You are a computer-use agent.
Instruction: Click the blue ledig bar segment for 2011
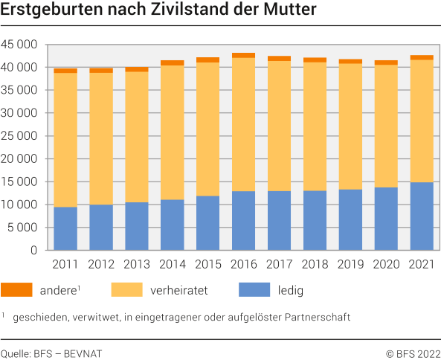click(x=65, y=228)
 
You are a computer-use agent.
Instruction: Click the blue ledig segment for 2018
click(x=315, y=220)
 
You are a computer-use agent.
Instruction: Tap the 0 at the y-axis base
click(x=33, y=251)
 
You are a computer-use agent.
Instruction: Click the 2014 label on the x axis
click(x=172, y=264)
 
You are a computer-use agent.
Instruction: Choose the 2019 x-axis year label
click(x=350, y=264)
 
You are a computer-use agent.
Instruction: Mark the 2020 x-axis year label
click(x=386, y=264)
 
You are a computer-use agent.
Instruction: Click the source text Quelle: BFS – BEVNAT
click(x=51, y=353)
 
